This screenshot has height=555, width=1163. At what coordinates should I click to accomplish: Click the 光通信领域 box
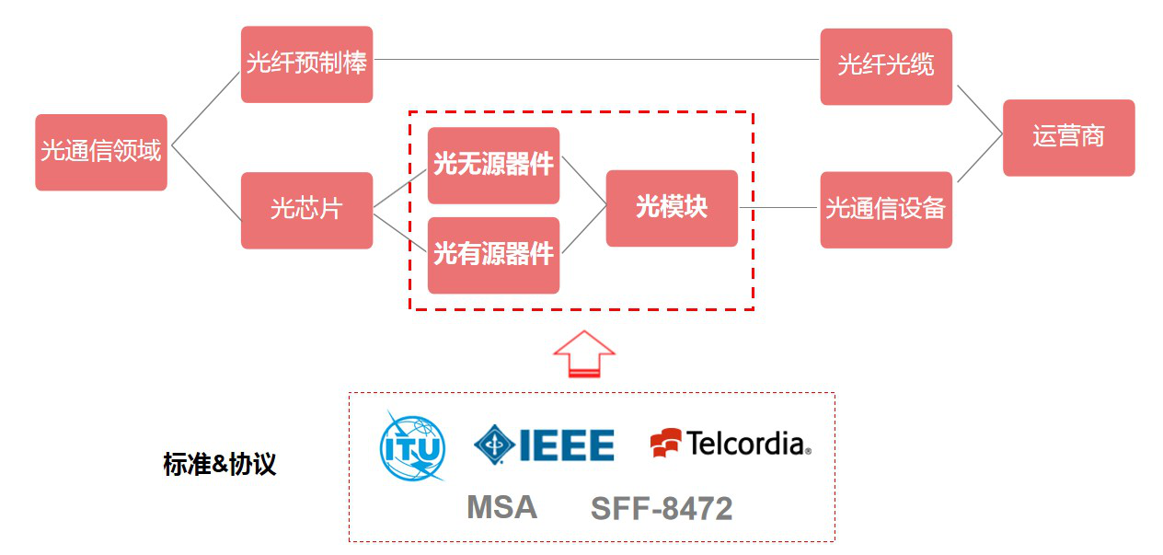coord(101,152)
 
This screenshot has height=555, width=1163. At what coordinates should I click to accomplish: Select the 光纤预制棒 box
coord(306,64)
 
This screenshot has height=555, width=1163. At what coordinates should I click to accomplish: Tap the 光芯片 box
coord(306,210)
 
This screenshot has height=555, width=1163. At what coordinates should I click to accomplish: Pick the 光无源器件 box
coord(493,166)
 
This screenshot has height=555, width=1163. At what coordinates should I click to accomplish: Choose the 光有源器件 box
coord(493,255)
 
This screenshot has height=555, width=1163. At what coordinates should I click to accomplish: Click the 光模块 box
coord(672,208)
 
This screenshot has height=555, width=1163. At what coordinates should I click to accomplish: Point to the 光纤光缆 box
coord(885,66)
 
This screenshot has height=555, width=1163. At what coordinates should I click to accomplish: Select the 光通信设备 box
coord(885,209)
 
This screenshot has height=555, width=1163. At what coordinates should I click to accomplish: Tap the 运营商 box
coord(1068,138)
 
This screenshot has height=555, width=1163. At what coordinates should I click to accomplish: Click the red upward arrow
coord(583,353)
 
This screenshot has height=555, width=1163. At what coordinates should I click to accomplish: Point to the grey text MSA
coord(501,507)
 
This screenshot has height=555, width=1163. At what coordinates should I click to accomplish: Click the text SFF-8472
coord(662,508)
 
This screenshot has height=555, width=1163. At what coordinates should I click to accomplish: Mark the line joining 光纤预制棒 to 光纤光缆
coord(596,60)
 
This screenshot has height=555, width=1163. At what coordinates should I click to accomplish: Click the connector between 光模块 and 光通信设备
coord(778,208)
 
